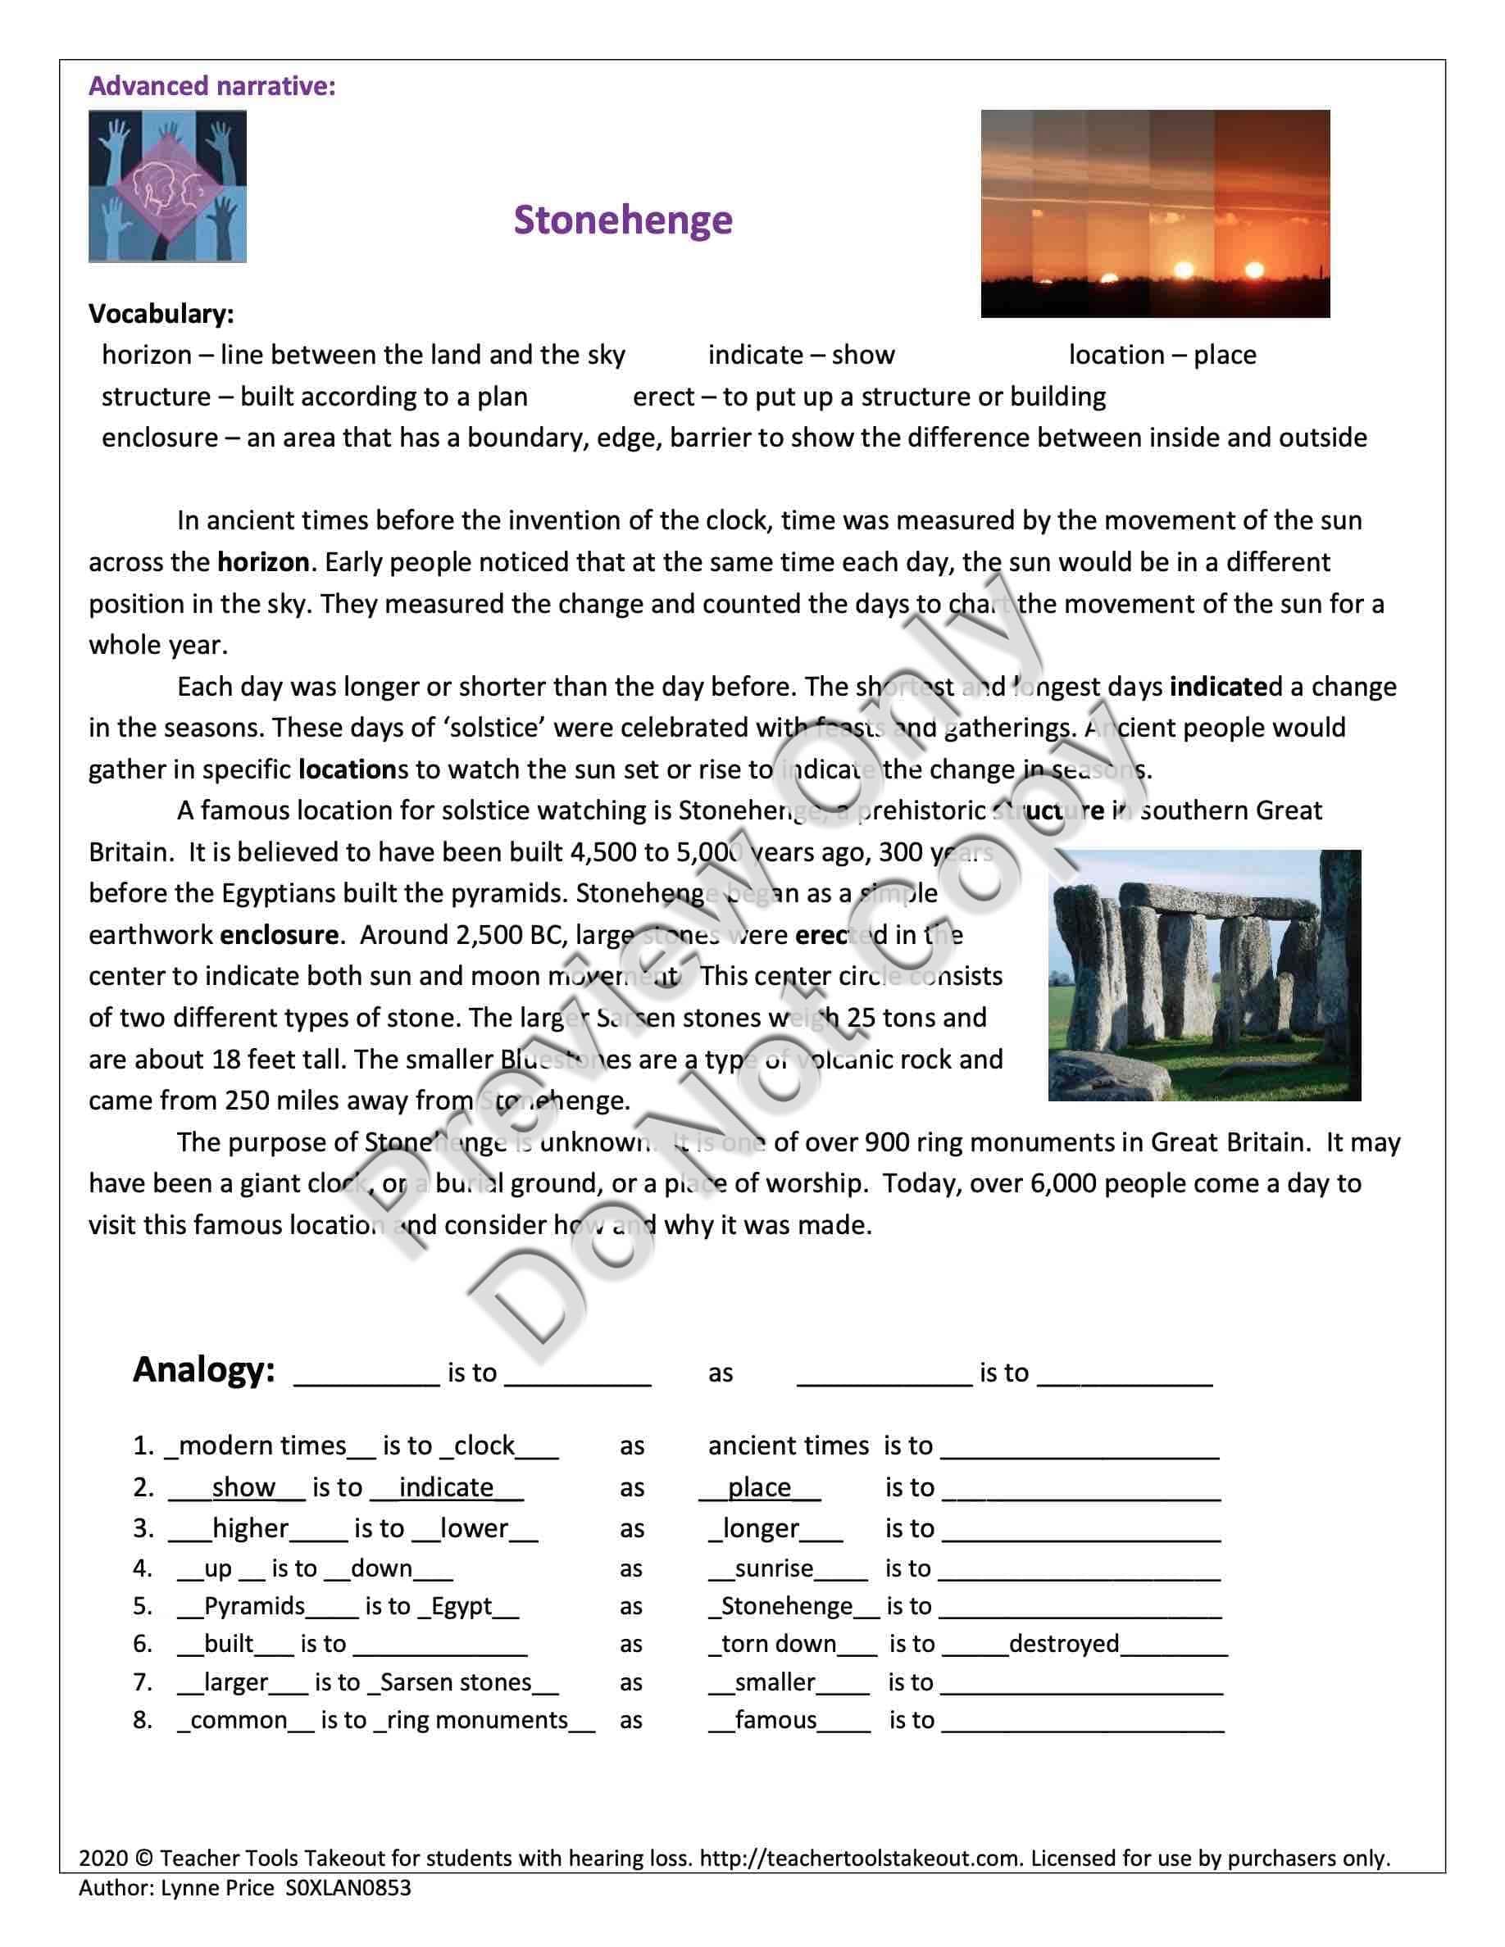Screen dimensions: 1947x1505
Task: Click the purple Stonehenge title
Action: coord(622,220)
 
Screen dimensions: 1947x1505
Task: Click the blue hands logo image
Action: coord(167,186)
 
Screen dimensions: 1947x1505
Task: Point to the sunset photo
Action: coord(1155,213)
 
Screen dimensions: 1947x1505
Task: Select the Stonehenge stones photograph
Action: coord(1203,975)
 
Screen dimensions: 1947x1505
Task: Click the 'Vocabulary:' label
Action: coord(161,313)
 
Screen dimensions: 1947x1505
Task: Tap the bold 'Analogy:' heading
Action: coord(203,1370)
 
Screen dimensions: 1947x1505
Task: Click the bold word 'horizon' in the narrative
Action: coord(263,562)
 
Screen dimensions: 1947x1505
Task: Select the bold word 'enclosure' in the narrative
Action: coord(279,934)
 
